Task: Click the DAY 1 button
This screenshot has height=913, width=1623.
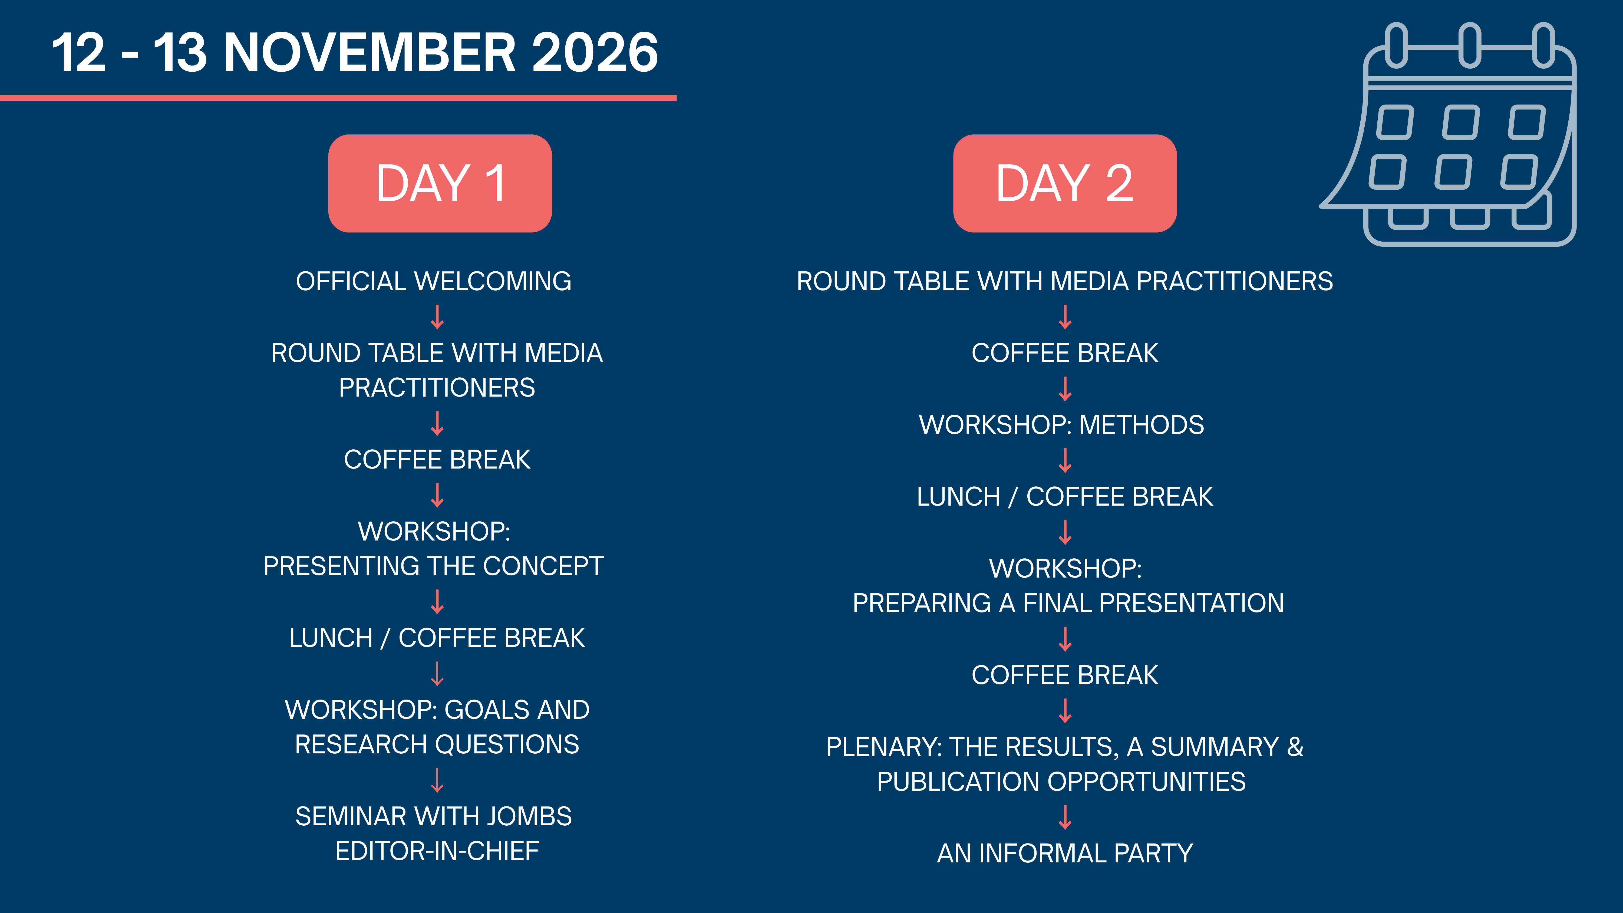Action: pos(440,183)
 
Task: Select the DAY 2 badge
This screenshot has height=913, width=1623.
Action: pos(1065,183)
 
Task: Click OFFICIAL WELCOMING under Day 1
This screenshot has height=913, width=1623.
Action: pos(434,281)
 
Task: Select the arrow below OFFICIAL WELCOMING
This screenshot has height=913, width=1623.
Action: pos(437,317)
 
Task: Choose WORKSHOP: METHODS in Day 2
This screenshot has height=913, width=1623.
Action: pos(1062,425)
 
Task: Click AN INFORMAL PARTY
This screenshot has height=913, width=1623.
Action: pos(1065,853)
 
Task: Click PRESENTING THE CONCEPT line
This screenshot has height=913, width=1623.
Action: pos(434,566)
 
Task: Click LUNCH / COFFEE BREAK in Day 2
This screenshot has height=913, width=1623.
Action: pos(1065,496)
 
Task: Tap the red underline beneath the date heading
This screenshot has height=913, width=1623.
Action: pos(338,98)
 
